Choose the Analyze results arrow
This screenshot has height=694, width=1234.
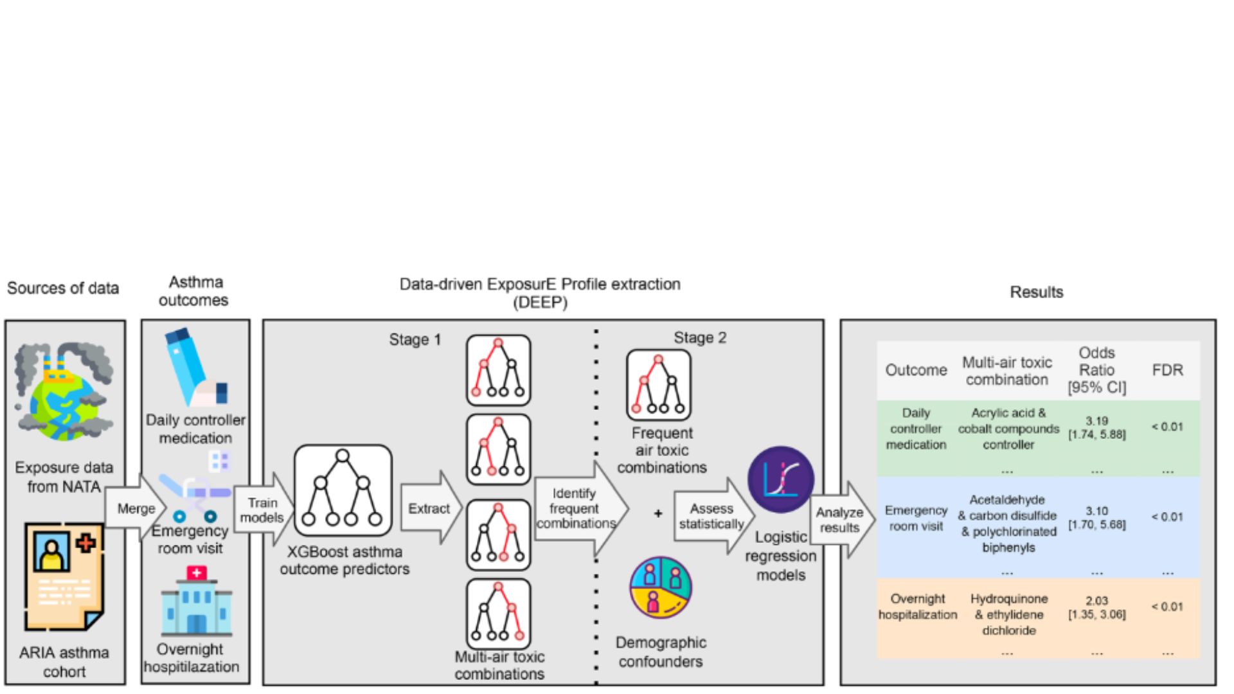click(x=841, y=519)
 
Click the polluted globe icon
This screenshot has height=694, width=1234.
click(x=64, y=391)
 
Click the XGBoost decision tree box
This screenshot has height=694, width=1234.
click(x=343, y=490)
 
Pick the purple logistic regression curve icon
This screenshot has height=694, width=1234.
click(x=781, y=479)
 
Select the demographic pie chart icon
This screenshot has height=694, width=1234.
click(x=661, y=587)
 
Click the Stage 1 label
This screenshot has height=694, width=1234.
click(x=415, y=340)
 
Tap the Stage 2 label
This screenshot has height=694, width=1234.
click(x=700, y=338)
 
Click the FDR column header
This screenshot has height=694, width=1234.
click(x=1167, y=370)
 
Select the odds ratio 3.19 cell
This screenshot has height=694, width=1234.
click(x=1096, y=427)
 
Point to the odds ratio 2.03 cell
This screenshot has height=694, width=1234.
click(x=1096, y=607)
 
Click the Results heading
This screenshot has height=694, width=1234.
click(x=1036, y=292)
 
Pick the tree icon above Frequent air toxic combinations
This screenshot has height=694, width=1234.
click(x=659, y=385)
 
